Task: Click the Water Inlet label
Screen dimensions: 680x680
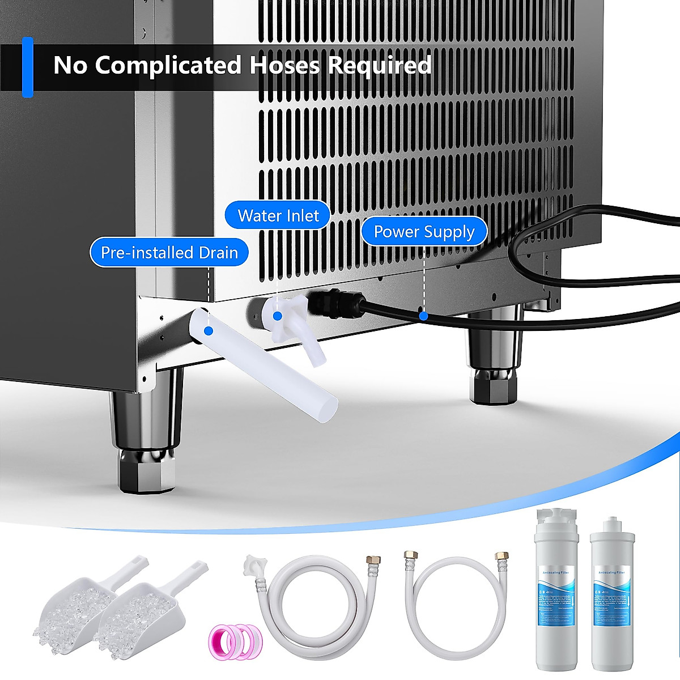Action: point(278,215)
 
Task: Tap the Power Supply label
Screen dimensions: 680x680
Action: point(424,232)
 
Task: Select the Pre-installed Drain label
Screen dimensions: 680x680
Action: point(169,253)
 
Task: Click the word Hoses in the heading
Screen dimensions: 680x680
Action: point(285,65)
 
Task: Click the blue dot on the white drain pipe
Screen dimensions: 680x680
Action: point(207,330)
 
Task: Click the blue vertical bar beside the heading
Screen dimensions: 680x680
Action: point(27,67)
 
